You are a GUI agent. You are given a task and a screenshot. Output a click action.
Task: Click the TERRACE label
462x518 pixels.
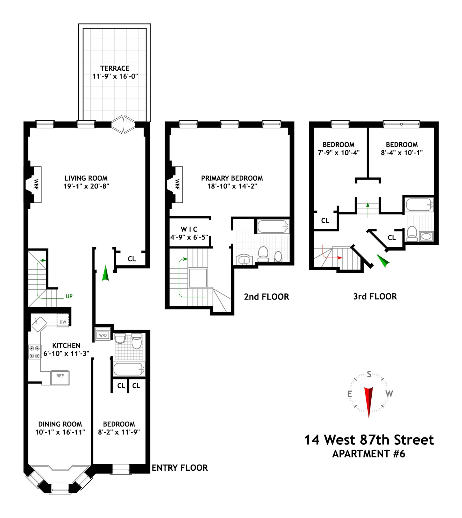115,68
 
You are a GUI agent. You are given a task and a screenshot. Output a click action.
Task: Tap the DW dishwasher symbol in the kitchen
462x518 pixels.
63,320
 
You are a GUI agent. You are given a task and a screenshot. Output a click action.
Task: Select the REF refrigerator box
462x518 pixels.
60,378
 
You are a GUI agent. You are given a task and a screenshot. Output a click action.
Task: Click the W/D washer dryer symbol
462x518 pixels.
103,334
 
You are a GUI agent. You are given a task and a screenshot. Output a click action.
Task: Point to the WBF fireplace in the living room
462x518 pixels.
34,185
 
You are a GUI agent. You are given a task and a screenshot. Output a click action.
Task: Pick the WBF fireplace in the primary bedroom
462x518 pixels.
175,185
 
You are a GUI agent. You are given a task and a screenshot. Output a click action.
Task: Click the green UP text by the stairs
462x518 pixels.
69,296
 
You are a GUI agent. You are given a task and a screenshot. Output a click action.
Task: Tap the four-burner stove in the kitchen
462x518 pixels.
34,352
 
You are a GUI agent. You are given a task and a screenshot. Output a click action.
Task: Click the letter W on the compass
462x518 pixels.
389,393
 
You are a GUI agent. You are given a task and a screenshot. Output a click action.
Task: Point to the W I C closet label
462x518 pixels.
189,229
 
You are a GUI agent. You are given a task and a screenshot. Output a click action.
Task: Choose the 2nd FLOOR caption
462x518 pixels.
267,297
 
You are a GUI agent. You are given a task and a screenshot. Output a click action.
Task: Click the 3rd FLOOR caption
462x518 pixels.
375,296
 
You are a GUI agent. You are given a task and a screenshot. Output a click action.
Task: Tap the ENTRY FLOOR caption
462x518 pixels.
180,468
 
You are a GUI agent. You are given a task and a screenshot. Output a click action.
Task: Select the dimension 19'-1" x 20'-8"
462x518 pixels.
86,186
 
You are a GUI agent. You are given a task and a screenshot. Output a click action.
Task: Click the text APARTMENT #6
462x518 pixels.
369,454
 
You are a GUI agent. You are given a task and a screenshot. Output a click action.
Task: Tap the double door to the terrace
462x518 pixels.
123,124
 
